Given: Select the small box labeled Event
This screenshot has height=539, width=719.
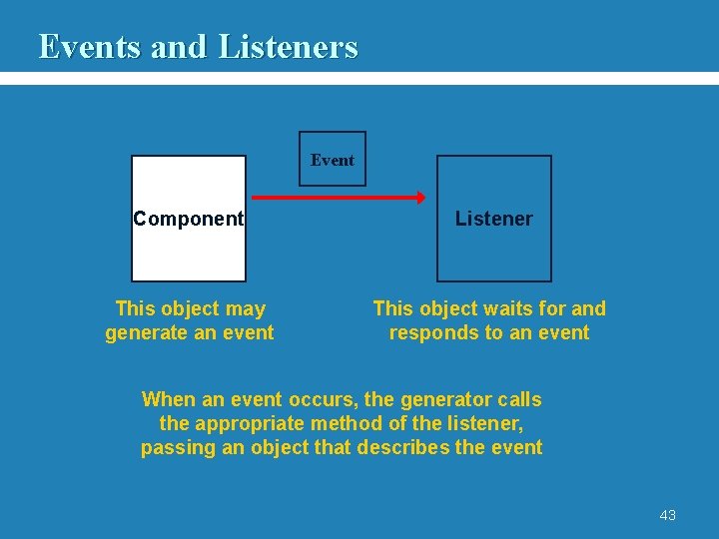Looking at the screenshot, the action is pos(333,160).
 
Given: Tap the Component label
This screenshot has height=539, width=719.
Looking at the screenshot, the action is pos(189,219).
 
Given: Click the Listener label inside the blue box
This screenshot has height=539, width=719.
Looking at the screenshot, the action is pos(494,219).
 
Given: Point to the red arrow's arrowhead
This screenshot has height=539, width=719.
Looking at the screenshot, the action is pos(420,198).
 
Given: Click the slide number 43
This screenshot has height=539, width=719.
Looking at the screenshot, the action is pos(667,515).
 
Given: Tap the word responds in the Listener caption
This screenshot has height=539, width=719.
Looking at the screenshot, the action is pos(428,333).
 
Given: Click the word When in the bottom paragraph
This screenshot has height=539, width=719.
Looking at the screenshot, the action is pos(169,400).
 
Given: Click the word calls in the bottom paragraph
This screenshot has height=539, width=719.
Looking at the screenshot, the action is pos(519,400).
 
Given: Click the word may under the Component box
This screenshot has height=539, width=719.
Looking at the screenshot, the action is pos(246,309).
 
